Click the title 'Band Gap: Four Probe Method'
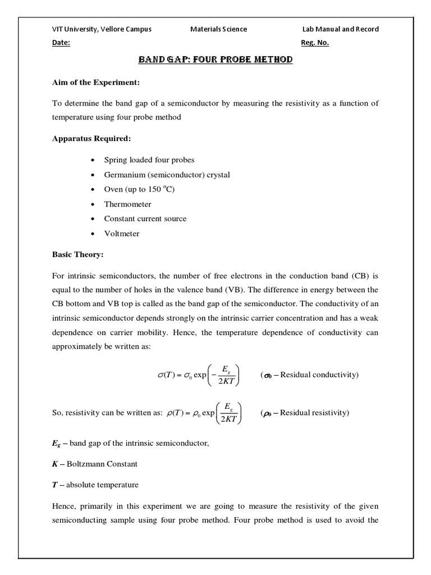click(215, 59)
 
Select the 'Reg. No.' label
click(315, 43)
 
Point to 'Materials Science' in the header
click(218, 29)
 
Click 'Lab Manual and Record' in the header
click(340, 29)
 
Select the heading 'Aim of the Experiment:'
click(91, 83)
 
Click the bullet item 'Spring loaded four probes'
click(149, 160)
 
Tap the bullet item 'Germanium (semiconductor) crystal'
click(167, 175)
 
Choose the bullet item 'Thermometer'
click(127, 204)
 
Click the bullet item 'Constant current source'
click(145, 218)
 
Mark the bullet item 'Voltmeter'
click(122, 233)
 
